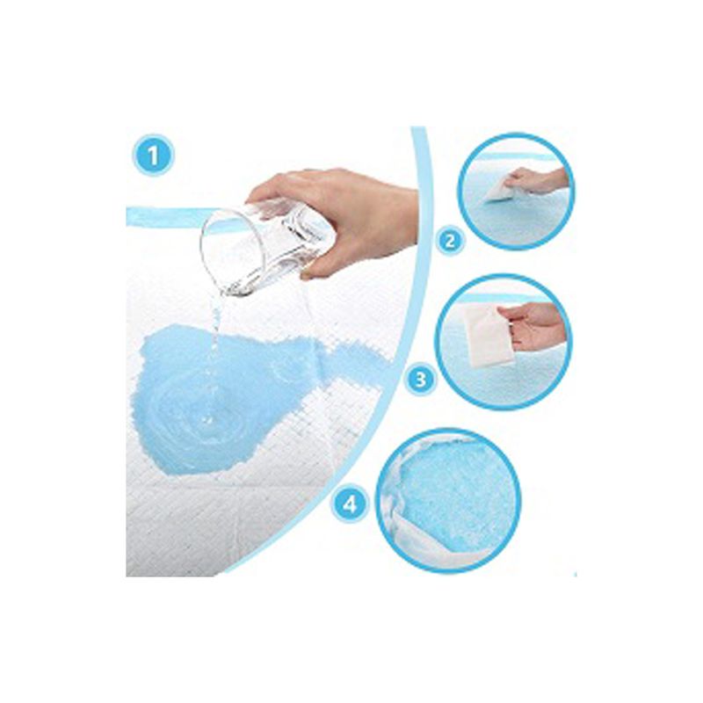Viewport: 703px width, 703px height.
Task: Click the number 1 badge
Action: point(153,156)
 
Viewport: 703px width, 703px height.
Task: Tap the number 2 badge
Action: point(450,242)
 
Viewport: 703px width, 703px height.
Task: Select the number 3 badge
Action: point(421,380)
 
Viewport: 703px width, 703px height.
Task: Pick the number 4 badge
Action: point(350,504)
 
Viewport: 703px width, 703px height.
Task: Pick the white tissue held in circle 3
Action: point(489,335)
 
